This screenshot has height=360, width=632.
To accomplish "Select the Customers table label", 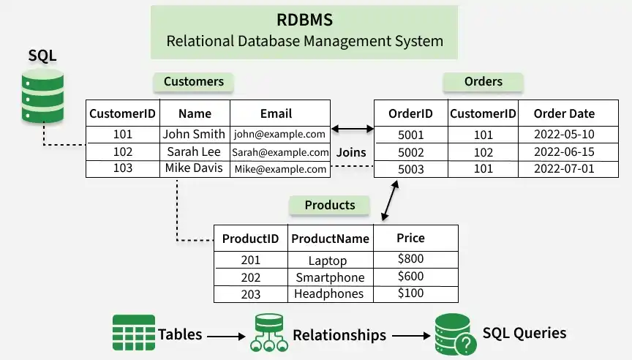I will click(194, 81).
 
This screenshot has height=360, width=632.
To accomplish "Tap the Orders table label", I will click(483, 81).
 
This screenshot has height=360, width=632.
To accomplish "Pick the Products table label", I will click(330, 205).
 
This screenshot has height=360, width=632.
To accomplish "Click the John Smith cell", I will click(194, 134).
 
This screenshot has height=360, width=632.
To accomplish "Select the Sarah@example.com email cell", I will click(280, 152).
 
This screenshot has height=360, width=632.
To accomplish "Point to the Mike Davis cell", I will click(194, 168).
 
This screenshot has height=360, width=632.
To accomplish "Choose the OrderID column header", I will click(410, 113).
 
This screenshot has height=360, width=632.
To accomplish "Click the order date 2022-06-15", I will click(564, 152).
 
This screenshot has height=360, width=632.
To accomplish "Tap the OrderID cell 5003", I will click(410, 168).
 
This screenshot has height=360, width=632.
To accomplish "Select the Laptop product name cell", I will click(328, 260).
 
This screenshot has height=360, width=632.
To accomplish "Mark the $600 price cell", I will click(410, 277).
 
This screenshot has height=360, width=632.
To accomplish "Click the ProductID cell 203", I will click(251, 293).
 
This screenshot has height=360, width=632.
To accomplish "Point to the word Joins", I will click(351, 153).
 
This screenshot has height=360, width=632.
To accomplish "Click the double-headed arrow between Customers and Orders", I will click(352, 130).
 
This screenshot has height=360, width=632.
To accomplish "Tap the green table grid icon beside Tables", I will click(134, 334).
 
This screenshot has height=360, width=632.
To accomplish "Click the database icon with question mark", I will click(451, 334).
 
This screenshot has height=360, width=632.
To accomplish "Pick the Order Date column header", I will click(564, 113).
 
